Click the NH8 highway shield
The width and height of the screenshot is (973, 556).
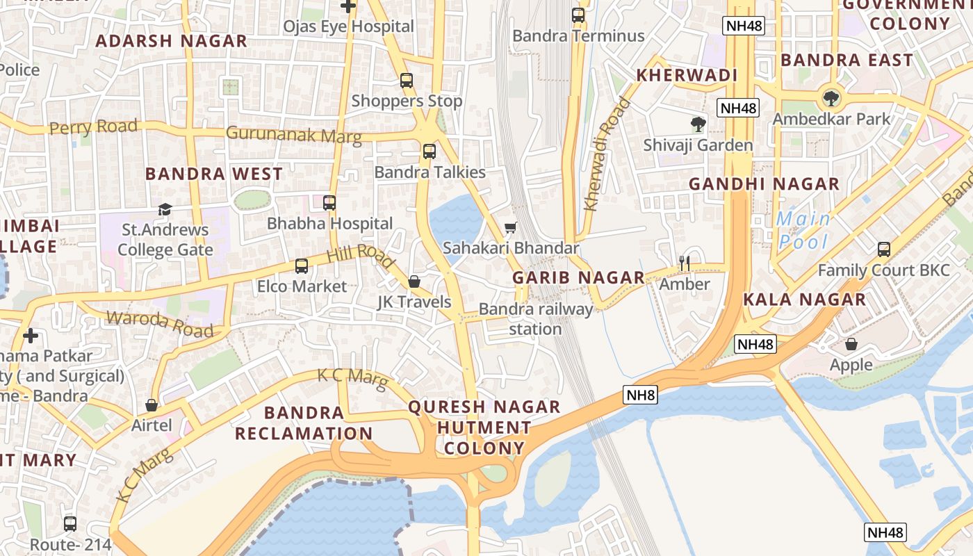coord(640,395)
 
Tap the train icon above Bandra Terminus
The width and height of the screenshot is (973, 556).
coord(578,15)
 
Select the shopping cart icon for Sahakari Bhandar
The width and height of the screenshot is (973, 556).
coord(510,227)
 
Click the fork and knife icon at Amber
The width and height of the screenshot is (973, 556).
coord(685,263)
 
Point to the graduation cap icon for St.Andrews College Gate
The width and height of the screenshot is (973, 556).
coord(165,209)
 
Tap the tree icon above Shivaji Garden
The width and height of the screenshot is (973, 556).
coord(698,124)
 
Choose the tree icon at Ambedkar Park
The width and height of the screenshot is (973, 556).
coord(831,98)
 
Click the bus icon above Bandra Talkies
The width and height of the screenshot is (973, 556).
coord(430,151)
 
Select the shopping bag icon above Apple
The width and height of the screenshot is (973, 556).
coord(851,344)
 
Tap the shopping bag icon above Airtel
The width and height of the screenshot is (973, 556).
coord(152,404)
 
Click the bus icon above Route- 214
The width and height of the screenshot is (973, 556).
coord(70,523)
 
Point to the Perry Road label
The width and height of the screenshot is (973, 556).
coord(93,127)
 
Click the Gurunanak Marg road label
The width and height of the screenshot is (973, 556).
coord(294,134)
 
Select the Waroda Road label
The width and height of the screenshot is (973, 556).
coord(159,324)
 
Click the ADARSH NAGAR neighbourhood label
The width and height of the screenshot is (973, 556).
coord(171,41)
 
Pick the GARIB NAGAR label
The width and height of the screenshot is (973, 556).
coord(579,277)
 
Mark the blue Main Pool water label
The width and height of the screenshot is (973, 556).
coord(804,230)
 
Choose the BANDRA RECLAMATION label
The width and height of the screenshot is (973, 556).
coord(304,423)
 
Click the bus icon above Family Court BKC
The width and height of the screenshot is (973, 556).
coord(883,249)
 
